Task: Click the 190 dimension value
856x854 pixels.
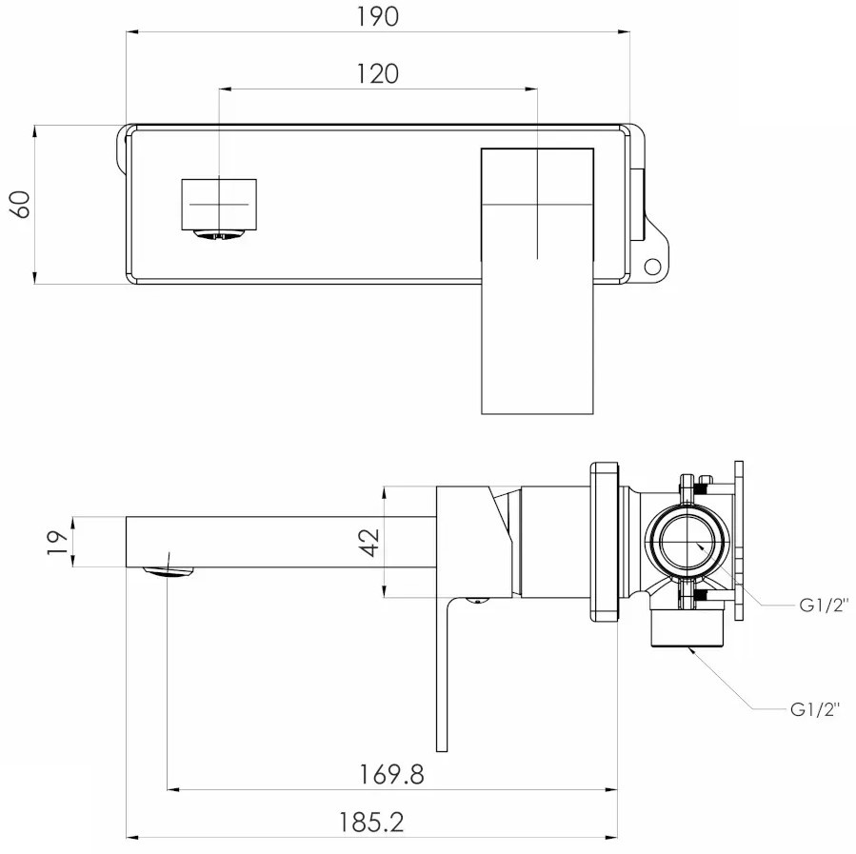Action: (x=378, y=16)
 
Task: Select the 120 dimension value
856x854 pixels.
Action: (x=378, y=73)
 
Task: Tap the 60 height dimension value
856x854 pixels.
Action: (x=21, y=204)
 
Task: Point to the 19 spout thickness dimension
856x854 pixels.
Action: (x=57, y=542)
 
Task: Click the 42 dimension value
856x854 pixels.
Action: (x=370, y=542)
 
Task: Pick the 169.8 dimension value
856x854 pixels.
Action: (x=391, y=774)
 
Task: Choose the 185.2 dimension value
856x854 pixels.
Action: (x=371, y=823)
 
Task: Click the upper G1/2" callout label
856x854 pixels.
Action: (x=825, y=605)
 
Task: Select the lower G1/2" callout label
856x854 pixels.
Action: (x=815, y=709)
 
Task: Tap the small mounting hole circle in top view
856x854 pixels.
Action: (x=652, y=267)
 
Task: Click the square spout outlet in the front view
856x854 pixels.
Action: (x=219, y=204)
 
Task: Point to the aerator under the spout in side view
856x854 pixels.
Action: (x=169, y=571)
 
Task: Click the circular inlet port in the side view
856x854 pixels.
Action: (x=687, y=543)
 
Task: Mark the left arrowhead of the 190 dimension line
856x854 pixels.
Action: (x=132, y=32)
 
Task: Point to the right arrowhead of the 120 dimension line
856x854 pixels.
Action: (x=531, y=89)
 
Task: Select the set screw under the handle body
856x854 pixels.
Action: (x=477, y=601)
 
